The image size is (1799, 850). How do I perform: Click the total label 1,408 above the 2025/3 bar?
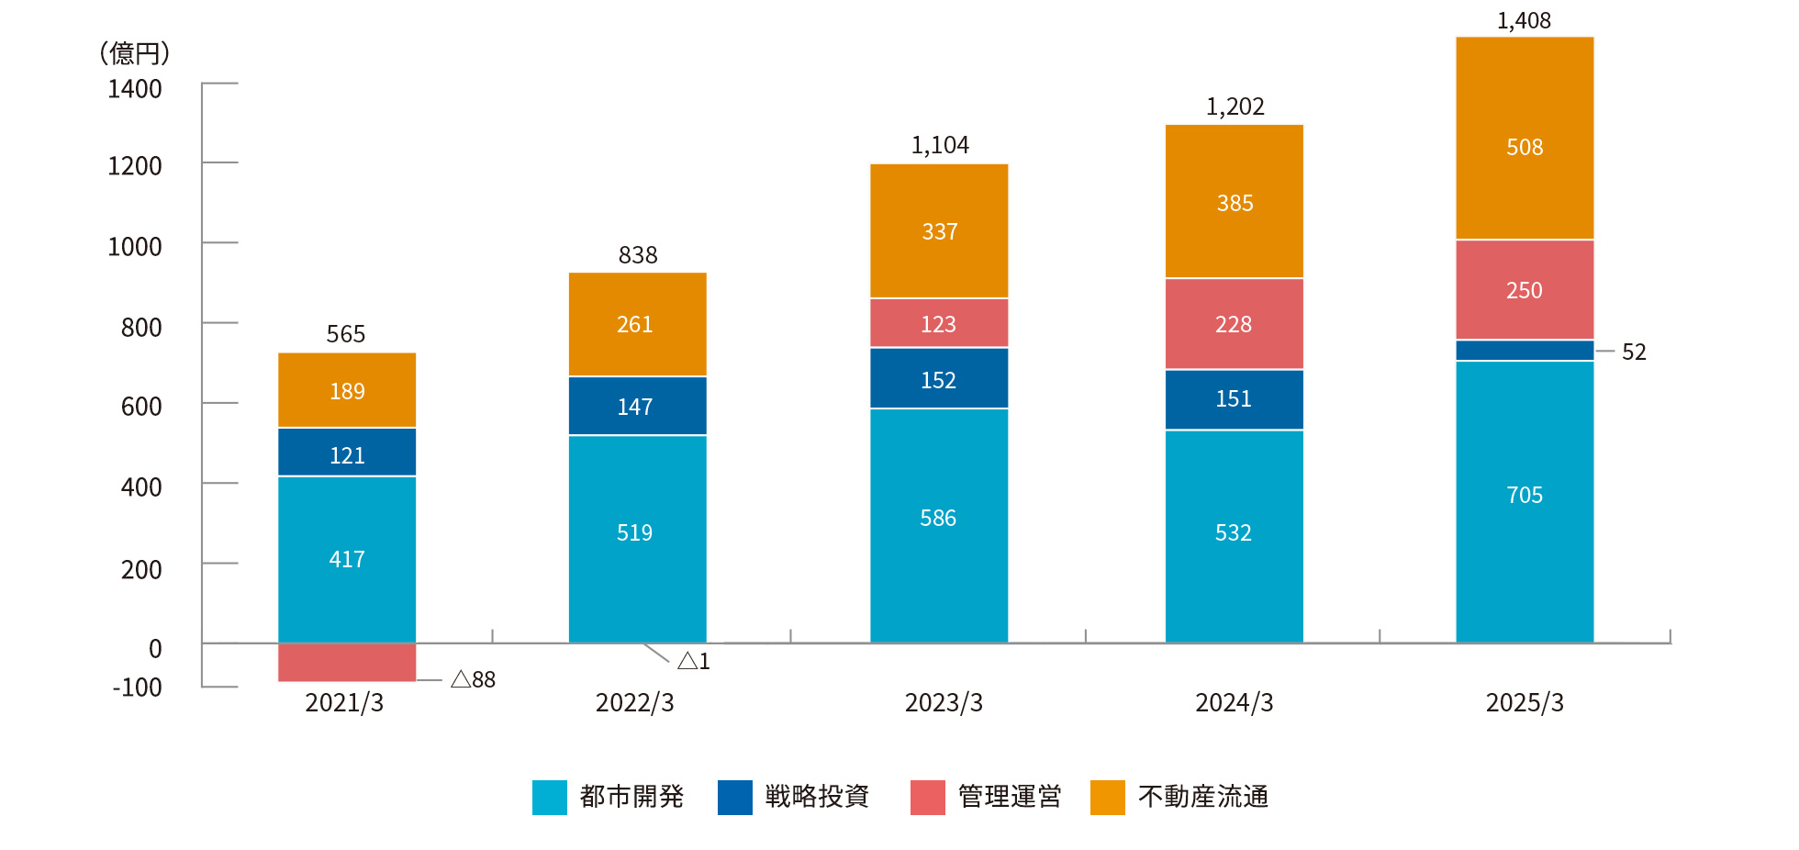coord(1524,20)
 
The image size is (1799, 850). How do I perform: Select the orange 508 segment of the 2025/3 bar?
coord(1525,138)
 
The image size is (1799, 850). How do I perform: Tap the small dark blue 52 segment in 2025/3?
coord(1525,351)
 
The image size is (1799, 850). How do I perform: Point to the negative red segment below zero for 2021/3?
coord(347,662)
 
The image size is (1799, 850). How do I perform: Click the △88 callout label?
coord(473,679)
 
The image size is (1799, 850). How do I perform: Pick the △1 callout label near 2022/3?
coord(694,661)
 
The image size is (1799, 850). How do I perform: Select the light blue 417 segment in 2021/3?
coord(347,559)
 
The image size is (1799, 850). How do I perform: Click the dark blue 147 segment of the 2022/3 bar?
coord(637,406)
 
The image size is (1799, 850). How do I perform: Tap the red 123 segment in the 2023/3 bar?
coord(939,323)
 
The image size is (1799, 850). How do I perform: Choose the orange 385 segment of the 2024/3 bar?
coord(1235,202)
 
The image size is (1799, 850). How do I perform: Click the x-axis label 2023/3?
coord(944,702)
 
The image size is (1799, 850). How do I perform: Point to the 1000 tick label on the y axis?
coord(135,247)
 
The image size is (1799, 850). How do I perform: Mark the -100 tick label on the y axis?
coord(138,688)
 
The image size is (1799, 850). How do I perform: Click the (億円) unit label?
coord(135,53)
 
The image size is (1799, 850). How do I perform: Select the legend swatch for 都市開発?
coord(549,797)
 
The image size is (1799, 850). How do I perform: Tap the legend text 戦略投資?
coord(817,797)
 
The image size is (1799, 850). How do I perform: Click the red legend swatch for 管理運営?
coord(927,797)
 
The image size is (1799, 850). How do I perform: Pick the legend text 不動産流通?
coord(1203,797)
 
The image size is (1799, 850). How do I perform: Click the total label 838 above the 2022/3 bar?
coord(638,255)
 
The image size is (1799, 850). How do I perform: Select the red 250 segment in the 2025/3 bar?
coord(1525,290)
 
